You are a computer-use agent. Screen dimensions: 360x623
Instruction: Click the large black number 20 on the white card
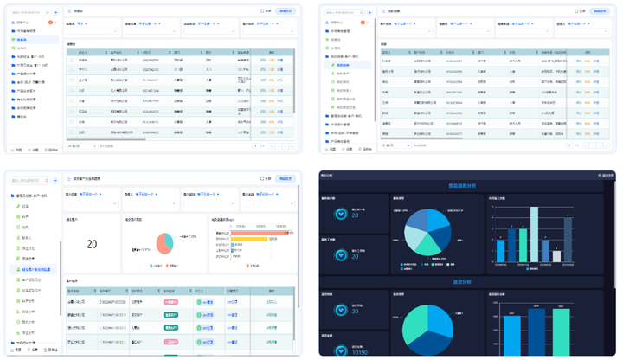pos(92,245)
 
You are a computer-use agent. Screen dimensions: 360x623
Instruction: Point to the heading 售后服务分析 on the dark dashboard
pos(467,185)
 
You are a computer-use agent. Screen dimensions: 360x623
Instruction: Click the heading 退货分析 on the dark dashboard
pos(467,282)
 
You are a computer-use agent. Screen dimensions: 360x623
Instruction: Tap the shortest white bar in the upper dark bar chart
pos(500,249)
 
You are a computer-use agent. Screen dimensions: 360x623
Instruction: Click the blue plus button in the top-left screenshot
pos(55,13)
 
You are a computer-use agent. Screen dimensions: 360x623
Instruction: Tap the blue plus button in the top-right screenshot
pos(371,13)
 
